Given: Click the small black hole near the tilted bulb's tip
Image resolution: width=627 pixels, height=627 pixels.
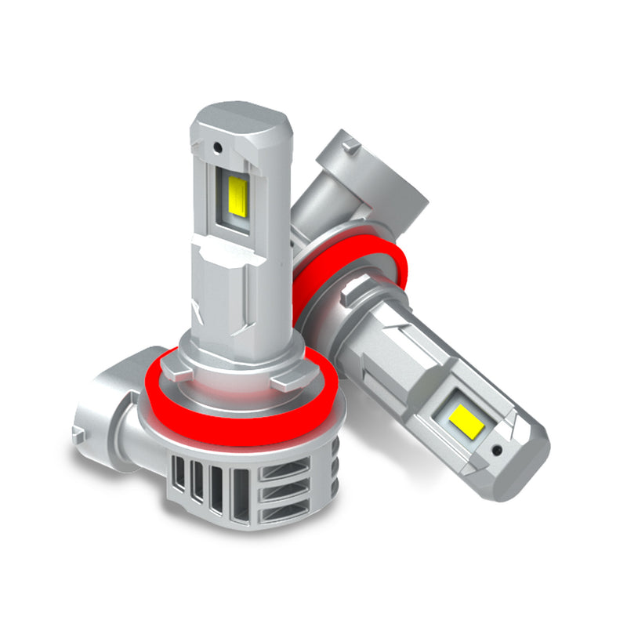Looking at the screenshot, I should click(x=496, y=451).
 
